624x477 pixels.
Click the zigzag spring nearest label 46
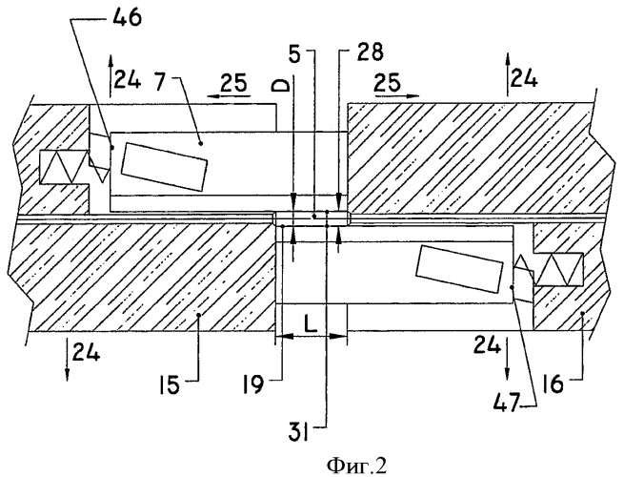tap(64, 168)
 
